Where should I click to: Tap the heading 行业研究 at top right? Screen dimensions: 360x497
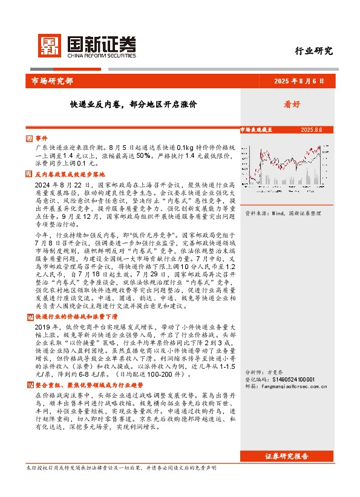313,51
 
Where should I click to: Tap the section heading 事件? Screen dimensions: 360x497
42,138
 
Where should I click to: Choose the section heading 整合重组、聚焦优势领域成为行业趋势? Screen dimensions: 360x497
83,385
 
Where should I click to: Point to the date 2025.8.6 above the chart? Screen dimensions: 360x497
312,130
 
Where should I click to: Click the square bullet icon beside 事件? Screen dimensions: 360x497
31,138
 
